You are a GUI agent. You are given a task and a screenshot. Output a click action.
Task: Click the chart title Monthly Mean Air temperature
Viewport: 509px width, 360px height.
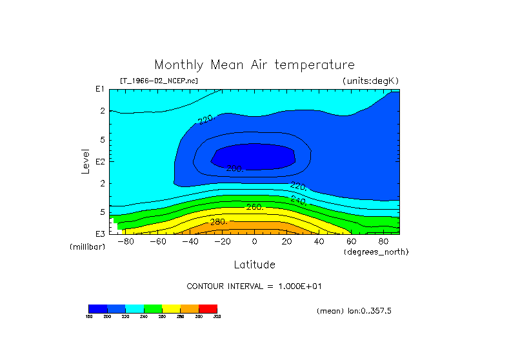254,65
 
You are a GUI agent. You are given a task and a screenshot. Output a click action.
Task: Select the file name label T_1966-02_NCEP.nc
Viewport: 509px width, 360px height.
159,81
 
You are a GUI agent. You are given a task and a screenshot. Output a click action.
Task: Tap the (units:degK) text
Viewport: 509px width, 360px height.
371,81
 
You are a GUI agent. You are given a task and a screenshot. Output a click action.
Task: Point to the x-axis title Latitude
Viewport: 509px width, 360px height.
254,265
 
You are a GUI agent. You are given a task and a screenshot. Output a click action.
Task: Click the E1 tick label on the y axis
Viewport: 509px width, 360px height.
100,89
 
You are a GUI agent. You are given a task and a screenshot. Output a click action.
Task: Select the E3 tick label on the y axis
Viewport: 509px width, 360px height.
100,233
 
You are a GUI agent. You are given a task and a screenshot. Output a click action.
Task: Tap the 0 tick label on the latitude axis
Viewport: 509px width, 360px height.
254,241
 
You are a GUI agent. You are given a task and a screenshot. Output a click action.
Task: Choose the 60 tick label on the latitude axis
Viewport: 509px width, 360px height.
351,241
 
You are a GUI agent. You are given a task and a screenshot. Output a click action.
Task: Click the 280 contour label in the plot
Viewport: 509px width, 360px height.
219,223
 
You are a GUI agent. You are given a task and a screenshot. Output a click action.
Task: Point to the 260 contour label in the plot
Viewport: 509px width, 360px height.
255,207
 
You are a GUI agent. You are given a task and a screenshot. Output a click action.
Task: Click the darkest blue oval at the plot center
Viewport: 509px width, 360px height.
254,157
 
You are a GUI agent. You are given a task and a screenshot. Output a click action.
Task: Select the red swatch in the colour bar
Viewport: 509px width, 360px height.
208,308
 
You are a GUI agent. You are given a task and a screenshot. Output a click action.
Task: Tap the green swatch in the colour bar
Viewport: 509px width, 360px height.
153,308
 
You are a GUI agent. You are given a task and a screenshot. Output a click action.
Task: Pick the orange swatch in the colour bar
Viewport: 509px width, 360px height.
190,308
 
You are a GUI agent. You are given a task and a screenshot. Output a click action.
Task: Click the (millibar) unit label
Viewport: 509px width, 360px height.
87,247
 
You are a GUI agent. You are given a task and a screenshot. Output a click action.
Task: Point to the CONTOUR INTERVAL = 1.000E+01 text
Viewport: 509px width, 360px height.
254,286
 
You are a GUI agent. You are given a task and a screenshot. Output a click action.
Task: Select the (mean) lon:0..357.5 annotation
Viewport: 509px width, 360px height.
354,311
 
